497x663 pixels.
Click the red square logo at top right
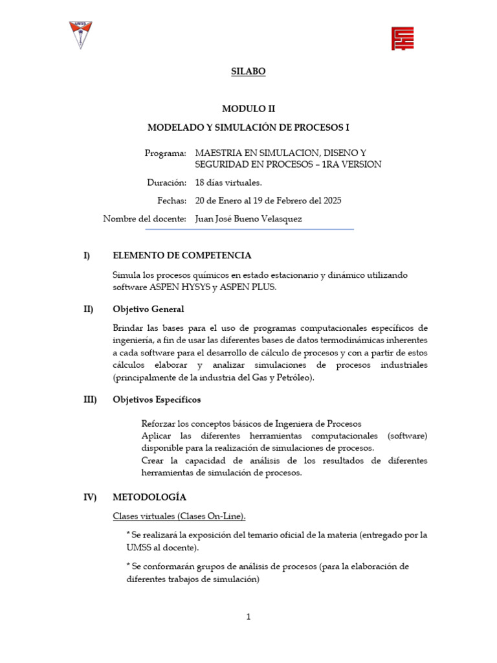(x=403, y=39)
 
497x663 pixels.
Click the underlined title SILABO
(x=248, y=72)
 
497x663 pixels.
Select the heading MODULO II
(x=248, y=109)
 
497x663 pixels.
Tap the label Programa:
(x=166, y=153)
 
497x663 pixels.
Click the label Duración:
(x=167, y=183)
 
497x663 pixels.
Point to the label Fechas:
(x=171, y=201)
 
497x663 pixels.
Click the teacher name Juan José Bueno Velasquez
(x=248, y=219)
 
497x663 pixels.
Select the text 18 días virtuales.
(x=228, y=183)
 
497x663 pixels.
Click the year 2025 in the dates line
(x=331, y=201)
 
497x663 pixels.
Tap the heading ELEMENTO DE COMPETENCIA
(x=182, y=256)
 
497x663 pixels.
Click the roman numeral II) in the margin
(x=89, y=309)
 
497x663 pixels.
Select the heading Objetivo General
(x=148, y=309)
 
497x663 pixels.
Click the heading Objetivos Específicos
(x=157, y=399)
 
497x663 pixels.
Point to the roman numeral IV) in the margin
(x=90, y=497)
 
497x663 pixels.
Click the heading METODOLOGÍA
(x=149, y=497)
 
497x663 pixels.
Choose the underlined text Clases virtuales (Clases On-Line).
(x=179, y=516)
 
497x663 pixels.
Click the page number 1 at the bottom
(x=248, y=617)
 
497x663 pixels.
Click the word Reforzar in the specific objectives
(x=160, y=423)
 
